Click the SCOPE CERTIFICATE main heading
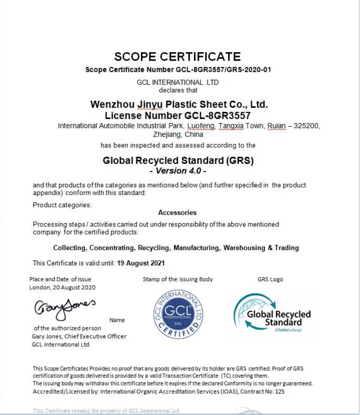(177, 57)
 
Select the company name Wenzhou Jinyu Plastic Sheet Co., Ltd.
(179, 104)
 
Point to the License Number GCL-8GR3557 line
(177, 115)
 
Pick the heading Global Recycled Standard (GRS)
(178, 160)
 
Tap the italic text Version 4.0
(178, 171)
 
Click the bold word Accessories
(177, 212)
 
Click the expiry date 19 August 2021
(140, 263)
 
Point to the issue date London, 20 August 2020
(62, 287)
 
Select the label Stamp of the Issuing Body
(178, 279)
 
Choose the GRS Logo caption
(270, 279)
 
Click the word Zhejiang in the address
(166, 134)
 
